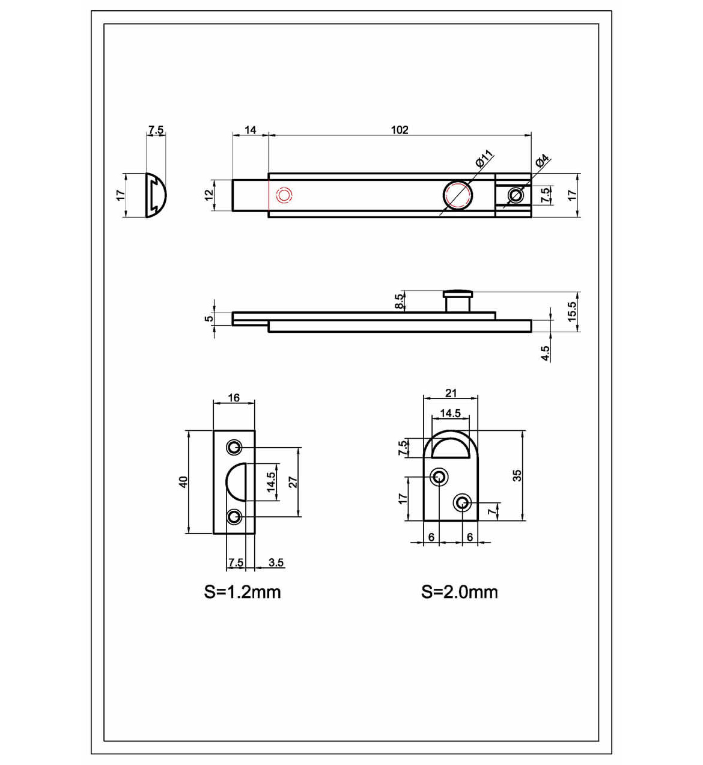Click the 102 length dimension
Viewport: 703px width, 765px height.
(x=400, y=130)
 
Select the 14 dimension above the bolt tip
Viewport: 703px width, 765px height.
(x=250, y=130)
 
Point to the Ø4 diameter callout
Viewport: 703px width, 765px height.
(x=542, y=160)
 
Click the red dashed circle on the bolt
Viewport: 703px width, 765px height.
(x=284, y=195)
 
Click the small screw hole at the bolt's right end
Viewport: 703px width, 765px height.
(x=515, y=195)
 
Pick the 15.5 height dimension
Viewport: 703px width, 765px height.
(x=571, y=311)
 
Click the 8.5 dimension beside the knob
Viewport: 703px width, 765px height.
(x=400, y=302)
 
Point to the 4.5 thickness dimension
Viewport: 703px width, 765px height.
(x=546, y=353)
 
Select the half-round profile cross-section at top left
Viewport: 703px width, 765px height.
(x=159, y=195)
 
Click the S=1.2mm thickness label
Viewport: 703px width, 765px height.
(x=242, y=592)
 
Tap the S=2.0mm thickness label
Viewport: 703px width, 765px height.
(x=459, y=592)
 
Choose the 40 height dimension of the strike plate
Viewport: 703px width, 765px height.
(x=183, y=481)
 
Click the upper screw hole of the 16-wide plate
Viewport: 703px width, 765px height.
(x=234, y=447)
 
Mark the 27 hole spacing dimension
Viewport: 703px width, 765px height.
(x=293, y=481)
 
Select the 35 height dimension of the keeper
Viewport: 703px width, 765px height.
(x=517, y=475)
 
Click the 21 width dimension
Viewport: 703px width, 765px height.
(x=451, y=393)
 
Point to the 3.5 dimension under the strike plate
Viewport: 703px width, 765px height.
(x=276, y=562)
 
